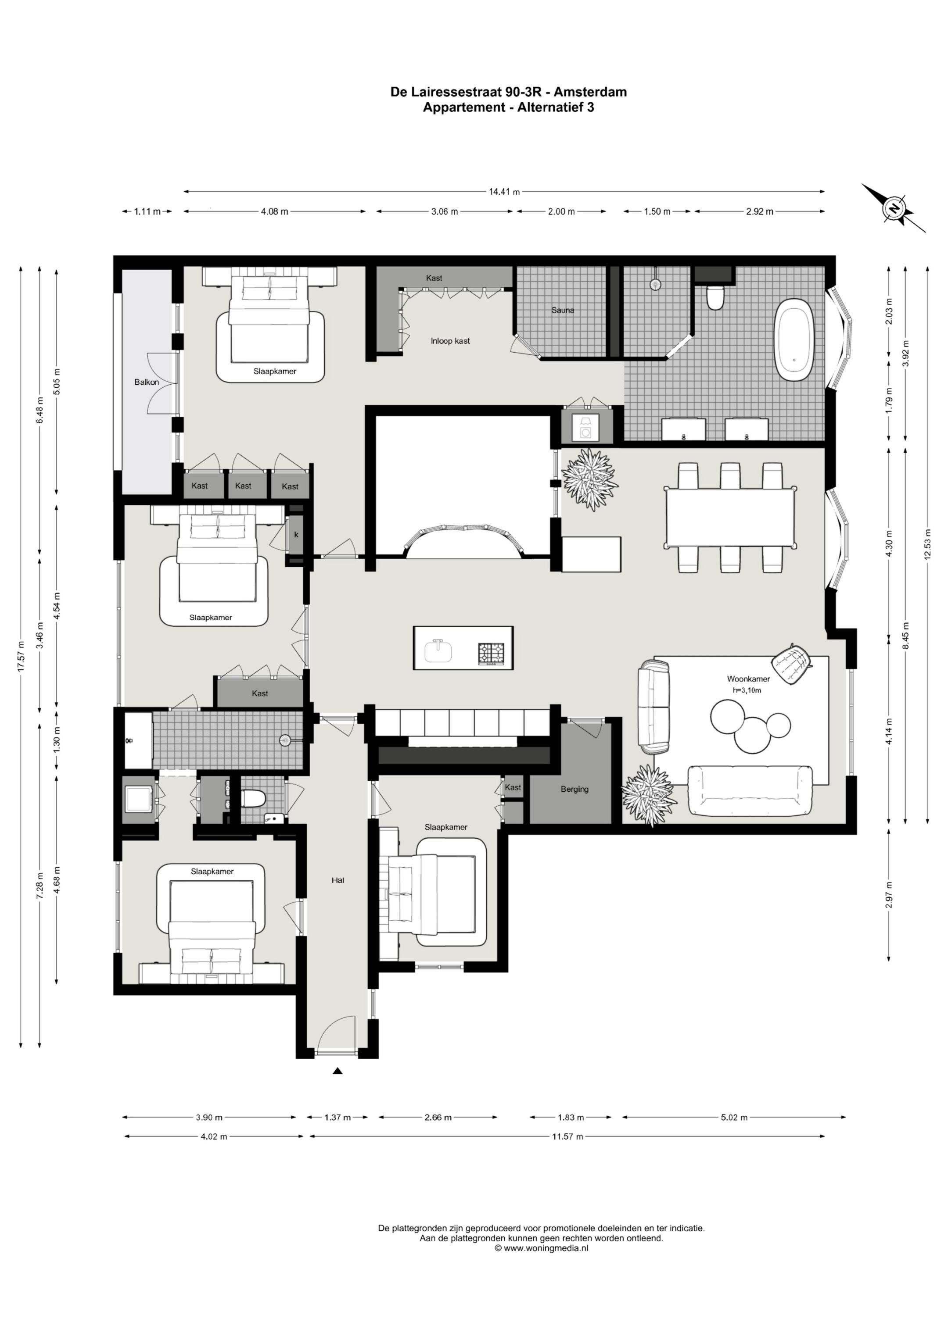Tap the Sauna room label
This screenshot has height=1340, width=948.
tap(563, 311)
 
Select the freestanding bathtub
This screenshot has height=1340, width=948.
tap(793, 340)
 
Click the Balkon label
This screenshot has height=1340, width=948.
tap(147, 382)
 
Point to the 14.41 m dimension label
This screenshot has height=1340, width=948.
tap(505, 191)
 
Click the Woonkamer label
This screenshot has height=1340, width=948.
tap(748, 679)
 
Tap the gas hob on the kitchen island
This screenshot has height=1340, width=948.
tap(491, 654)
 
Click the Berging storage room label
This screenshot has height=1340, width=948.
tap(574, 789)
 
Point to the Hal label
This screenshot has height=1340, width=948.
tap(338, 880)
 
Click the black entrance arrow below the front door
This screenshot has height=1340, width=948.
tap(338, 1070)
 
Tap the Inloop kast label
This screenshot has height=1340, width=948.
tap(450, 341)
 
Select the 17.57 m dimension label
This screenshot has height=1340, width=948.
tap(21, 657)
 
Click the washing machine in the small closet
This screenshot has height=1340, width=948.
tap(585, 429)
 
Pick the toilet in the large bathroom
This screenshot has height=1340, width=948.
tap(715, 297)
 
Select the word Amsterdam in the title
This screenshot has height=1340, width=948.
tap(591, 92)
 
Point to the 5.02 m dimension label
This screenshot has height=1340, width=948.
tap(734, 1117)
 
